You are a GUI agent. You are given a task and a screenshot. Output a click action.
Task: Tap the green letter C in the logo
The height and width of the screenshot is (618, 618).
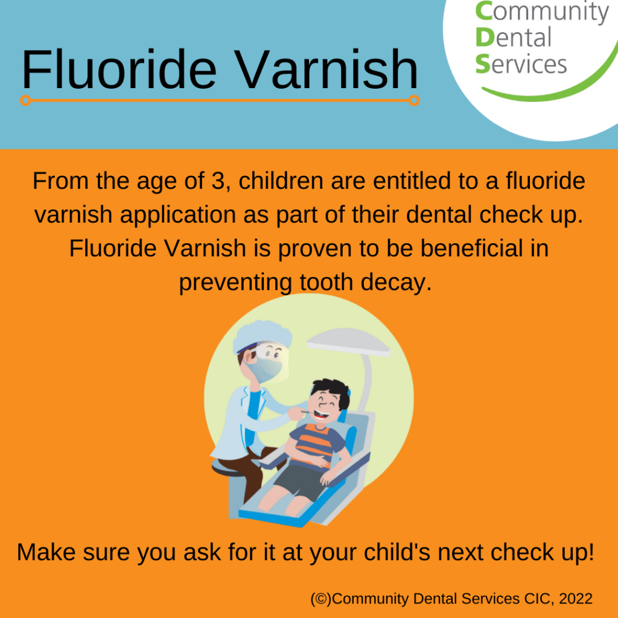tap(483, 11)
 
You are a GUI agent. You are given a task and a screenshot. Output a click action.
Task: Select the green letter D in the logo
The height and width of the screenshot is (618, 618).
tap(485, 38)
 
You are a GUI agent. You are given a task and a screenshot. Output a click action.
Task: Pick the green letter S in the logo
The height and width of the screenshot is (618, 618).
tap(482, 64)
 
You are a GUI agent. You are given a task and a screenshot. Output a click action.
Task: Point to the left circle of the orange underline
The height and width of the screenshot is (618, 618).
tap(25, 101)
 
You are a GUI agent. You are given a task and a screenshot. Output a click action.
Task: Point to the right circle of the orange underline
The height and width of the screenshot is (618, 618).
tap(414, 101)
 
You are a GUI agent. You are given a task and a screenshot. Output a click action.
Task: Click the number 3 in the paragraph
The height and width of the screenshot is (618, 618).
tap(218, 182)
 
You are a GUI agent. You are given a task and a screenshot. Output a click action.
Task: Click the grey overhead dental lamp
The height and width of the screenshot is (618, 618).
tap(348, 342)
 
